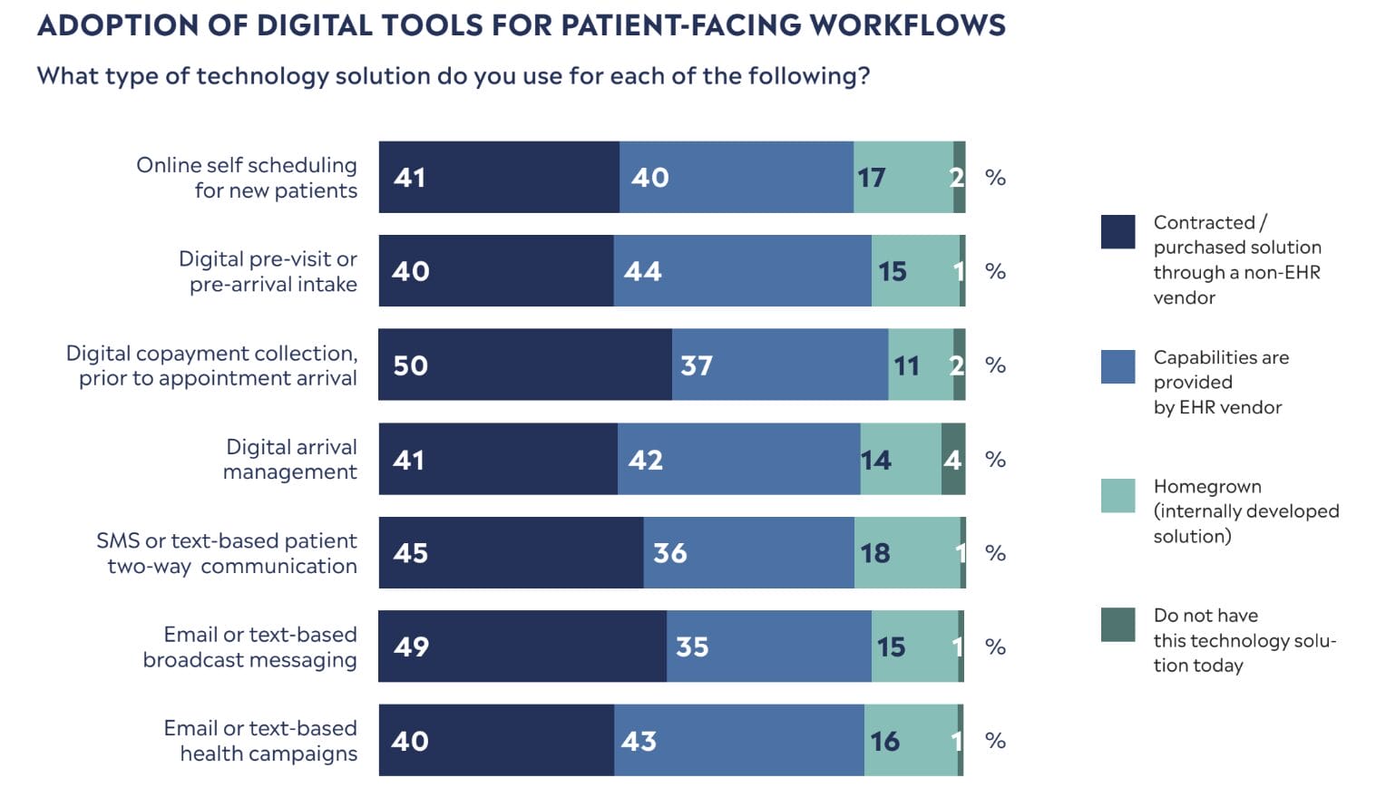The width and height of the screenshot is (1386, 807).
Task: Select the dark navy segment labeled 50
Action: click(x=525, y=365)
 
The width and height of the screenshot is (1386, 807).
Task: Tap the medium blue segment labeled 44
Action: click(x=742, y=270)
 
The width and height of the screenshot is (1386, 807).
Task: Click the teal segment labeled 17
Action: click(x=903, y=177)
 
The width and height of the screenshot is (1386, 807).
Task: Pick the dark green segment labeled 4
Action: click(x=952, y=459)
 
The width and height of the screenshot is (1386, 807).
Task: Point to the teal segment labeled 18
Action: click(x=907, y=552)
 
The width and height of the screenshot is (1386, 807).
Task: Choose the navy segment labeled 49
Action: click(x=522, y=646)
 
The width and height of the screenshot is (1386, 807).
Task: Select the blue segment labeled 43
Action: click(x=739, y=740)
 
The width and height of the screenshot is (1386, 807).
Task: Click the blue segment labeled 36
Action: click(x=748, y=552)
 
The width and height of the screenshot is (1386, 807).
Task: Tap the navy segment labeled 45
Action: click(x=511, y=552)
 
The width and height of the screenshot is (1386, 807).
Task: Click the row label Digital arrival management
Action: click(x=290, y=459)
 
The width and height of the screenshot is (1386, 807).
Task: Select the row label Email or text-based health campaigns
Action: click(x=261, y=740)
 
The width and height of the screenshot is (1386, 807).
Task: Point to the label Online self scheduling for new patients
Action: click(x=248, y=177)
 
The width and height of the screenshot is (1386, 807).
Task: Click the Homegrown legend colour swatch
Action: click(x=1118, y=496)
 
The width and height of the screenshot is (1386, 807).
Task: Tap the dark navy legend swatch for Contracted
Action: click(x=1118, y=231)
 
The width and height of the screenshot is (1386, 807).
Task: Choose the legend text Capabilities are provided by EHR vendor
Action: click(x=1220, y=382)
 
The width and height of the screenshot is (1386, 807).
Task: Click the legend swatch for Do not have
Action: click(x=1118, y=625)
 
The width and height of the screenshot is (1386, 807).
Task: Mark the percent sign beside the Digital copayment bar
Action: click(x=995, y=365)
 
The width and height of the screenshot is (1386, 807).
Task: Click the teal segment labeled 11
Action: click(x=921, y=365)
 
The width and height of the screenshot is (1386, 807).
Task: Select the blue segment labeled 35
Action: click(x=769, y=646)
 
